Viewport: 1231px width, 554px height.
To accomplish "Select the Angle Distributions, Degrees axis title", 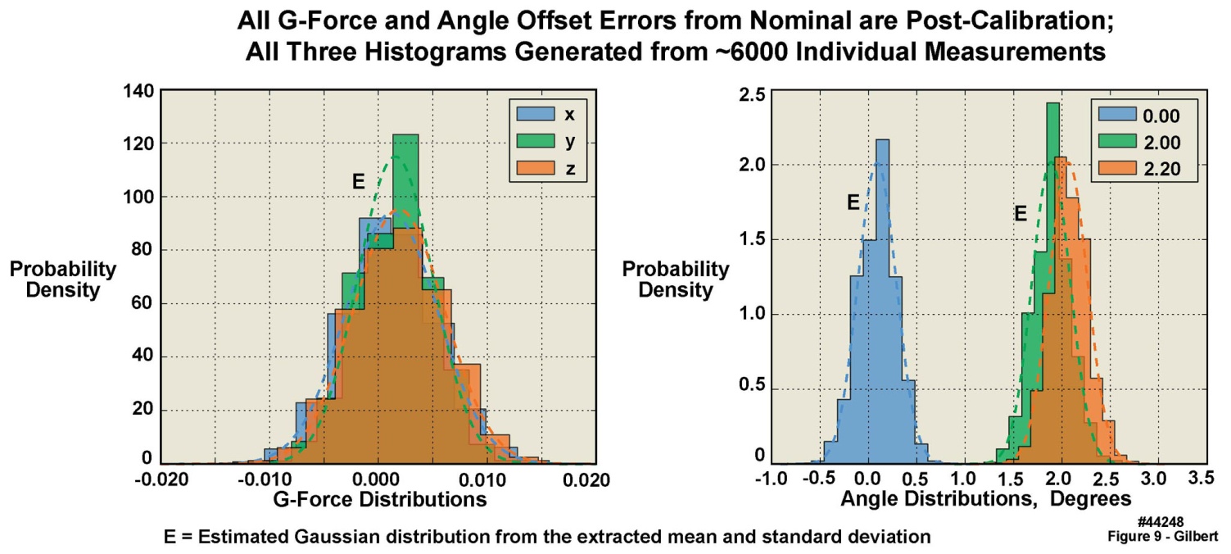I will click(x=988, y=498).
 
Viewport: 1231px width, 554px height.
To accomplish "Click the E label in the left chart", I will click(x=358, y=182).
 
